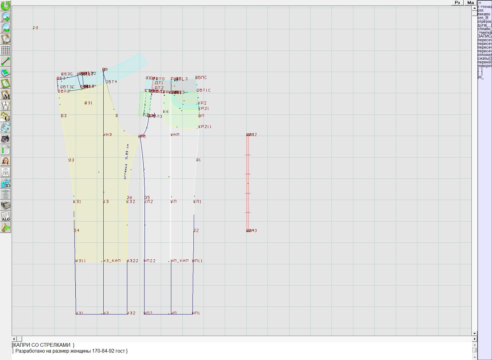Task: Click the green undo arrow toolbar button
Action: point(6,5)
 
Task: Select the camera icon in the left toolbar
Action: point(6,139)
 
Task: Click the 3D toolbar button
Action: point(6,183)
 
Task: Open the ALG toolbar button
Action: point(6,216)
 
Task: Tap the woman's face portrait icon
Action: point(6,161)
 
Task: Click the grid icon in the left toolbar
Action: point(6,50)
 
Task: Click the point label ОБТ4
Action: point(111,82)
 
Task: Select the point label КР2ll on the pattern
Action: point(205,127)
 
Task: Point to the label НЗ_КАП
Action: point(112,261)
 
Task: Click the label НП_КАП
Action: point(180,261)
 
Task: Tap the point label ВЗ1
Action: point(89,103)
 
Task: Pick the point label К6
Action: point(166,112)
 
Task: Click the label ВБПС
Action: point(201,78)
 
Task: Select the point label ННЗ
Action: point(108,135)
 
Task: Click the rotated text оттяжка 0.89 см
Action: point(126,162)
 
